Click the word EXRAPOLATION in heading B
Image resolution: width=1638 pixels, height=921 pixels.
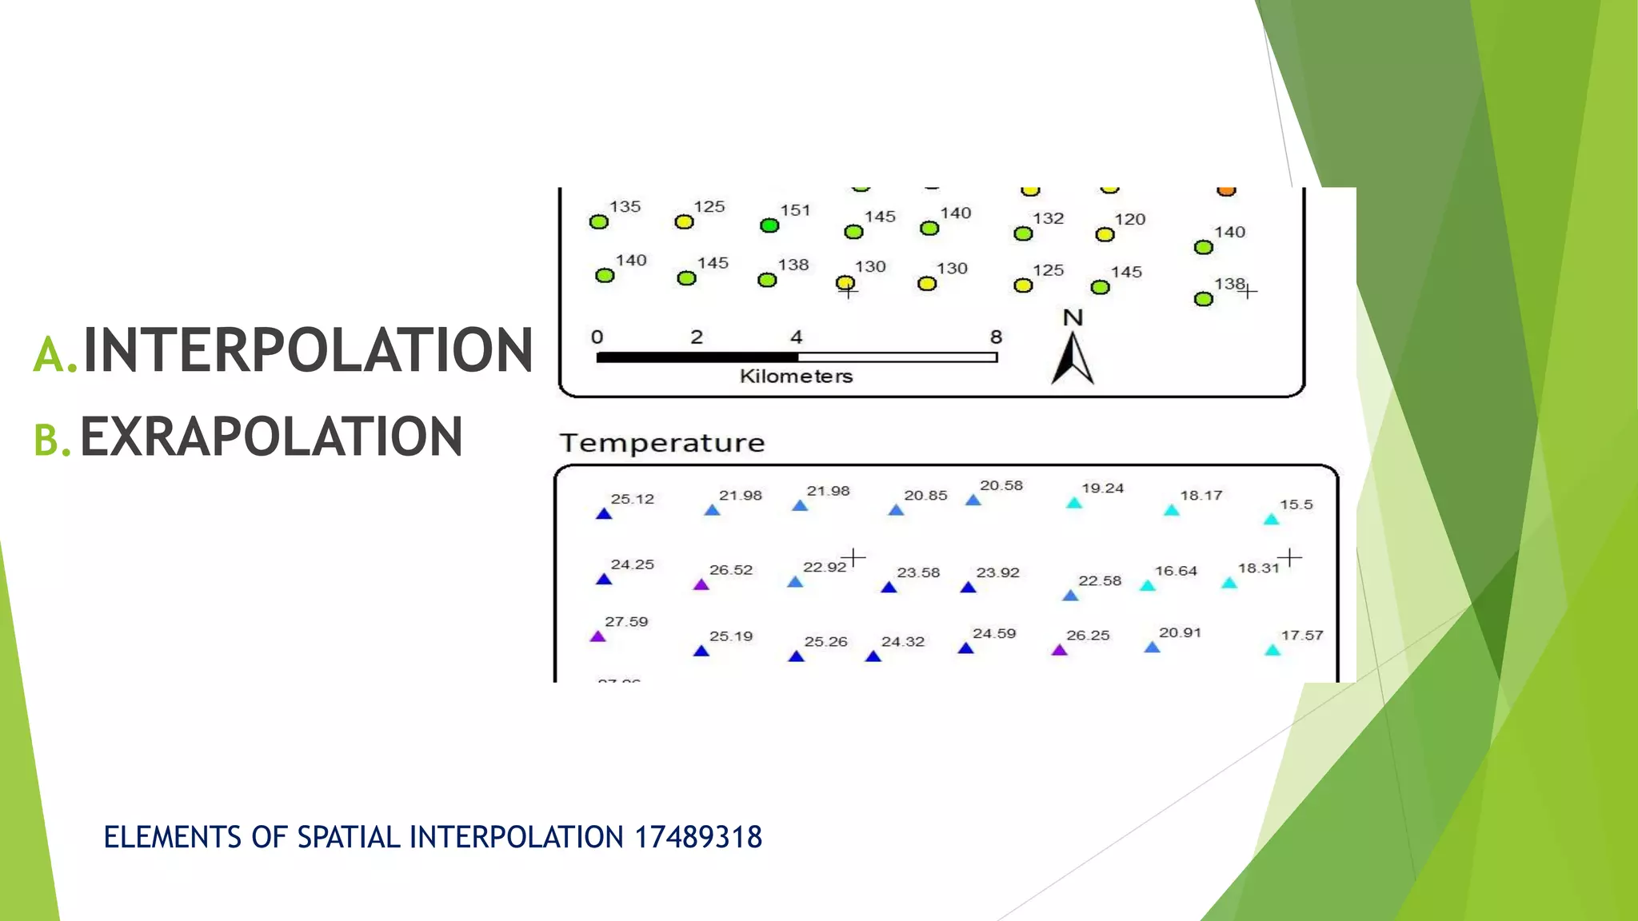coord(271,437)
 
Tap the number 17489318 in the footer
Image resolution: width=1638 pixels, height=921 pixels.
coord(697,837)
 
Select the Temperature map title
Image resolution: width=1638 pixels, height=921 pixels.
coord(661,443)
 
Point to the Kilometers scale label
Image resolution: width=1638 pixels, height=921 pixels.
coord(796,377)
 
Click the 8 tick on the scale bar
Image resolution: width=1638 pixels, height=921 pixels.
coord(996,337)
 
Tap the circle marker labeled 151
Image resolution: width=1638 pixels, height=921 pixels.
coord(769,225)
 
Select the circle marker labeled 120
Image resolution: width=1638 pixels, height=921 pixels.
coord(1105,234)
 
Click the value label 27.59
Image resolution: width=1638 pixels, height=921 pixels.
coord(626,622)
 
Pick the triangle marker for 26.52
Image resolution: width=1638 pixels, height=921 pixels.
coord(701,584)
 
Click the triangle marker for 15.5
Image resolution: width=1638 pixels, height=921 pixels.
coord(1271,520)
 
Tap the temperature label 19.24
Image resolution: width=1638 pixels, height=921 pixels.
coord(1102,488)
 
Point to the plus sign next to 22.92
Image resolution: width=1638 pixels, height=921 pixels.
coord(854,556)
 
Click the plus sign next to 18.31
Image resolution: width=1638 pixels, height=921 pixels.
coord(1289,556)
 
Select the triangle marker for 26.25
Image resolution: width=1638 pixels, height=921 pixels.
coord(1060,650)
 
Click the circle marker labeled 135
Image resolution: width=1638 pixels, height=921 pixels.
coord(598,221)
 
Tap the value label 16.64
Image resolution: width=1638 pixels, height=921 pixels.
coord(1176,571)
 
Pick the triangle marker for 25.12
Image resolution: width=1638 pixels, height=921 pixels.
coord(604,514)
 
